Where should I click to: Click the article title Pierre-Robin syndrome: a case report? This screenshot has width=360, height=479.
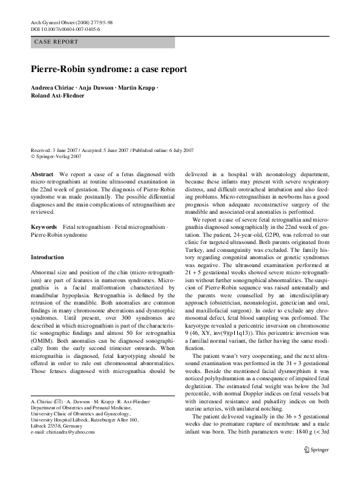tap(109, 69)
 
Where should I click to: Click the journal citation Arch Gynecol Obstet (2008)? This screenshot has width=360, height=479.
tap(61, 22)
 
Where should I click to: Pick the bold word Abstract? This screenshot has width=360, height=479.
tap(42, 174)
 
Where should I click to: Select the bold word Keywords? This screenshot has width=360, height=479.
tap(44, 225)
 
